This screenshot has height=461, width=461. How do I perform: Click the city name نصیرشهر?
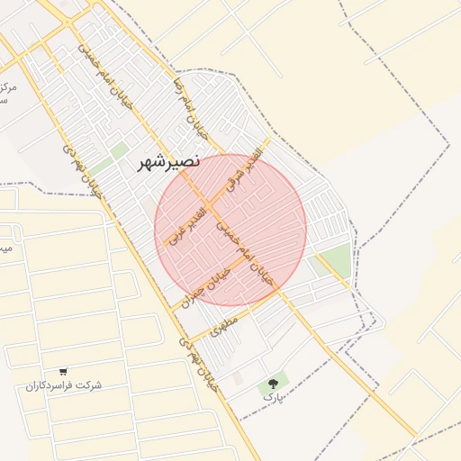[168, 163]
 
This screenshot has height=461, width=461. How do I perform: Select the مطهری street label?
[223, 325]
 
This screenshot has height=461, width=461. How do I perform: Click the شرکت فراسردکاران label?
[64, 385]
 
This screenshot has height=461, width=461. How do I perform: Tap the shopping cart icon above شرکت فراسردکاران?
[63, 371]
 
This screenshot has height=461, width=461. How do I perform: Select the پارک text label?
[272, 396]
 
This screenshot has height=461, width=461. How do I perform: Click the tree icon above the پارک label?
[272, 384]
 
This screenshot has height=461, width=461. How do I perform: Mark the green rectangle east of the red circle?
[335, 260]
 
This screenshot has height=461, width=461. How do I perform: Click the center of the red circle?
[230, 230]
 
